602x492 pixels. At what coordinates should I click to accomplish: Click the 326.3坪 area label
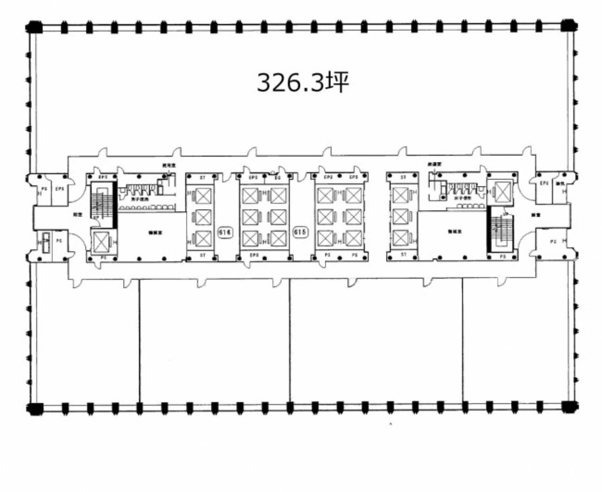click(302, 83)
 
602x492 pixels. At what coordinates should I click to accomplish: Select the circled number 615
click(300, 232)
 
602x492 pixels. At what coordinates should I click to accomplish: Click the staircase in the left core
click(103, 204)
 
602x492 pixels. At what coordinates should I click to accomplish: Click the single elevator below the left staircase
click(101, 242)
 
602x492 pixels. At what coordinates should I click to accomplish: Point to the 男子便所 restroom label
click(139, 199)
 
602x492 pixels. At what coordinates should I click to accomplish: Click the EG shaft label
click(277, 177)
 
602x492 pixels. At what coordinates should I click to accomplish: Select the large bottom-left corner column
click(34, 408)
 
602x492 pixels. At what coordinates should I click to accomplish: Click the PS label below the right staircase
click(502, 256)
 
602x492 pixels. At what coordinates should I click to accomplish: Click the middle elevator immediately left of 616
click(203, 217)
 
